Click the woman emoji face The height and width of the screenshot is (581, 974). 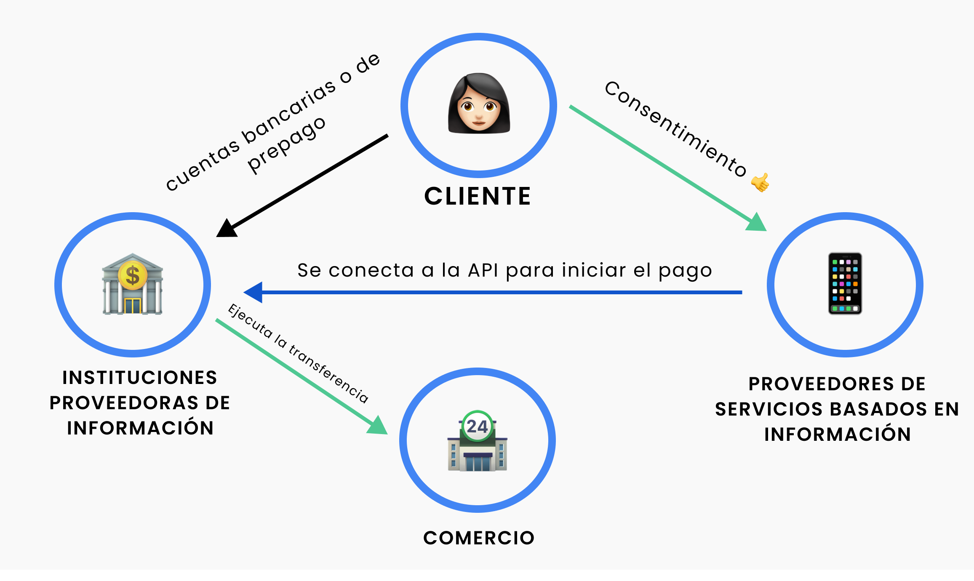[479, 104]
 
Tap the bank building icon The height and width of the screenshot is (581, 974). [132, 284]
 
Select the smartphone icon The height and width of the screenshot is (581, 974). [845, 283]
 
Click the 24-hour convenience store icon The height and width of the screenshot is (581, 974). [477, 441]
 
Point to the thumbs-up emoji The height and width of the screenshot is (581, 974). [760, 182]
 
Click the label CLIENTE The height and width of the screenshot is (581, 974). [478, 196]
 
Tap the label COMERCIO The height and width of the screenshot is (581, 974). [479, 538]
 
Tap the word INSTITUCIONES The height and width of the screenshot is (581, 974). [139, 378]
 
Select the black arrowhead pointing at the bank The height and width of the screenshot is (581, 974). [227, 229]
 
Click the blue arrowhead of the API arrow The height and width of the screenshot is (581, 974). [254, 292]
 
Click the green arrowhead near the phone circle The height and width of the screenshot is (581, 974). [757, 223]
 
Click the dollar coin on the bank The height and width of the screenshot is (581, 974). [132, 276]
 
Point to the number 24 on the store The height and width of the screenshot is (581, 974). [477, 426]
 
